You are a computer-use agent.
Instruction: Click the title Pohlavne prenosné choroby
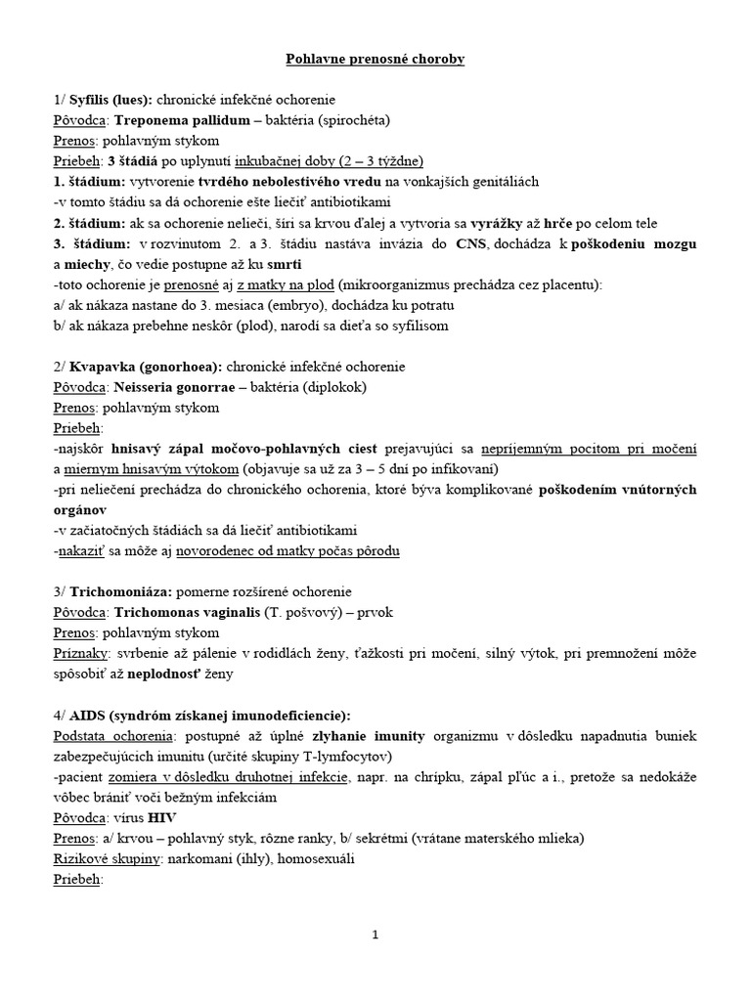[375, 60]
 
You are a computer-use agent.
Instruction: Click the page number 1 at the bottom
[375, 935]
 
